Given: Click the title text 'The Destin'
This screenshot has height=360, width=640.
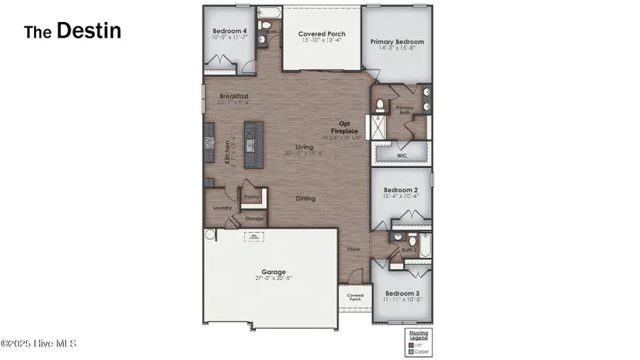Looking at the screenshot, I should [x=73, y=31].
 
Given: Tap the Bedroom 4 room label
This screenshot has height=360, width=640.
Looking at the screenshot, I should [x=229, y=31].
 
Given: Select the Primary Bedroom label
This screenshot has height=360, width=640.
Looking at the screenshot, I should [x=397, y=42].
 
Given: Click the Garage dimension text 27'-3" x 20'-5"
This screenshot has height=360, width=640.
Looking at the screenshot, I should [x=273, y=278].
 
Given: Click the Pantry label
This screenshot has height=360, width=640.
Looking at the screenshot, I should [x=251, y=198].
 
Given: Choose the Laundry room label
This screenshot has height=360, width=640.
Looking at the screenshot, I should [x=222, y=208].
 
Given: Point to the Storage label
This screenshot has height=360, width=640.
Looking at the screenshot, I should [x=254, y=219].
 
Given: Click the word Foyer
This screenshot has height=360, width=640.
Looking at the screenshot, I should [x=353, y=250].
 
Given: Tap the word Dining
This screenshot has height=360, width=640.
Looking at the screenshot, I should [x=305, y=198].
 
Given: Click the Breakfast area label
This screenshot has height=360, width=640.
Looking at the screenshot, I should [x=233, y=96].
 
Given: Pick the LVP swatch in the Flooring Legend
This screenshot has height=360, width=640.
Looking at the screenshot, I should [x=411, y=344].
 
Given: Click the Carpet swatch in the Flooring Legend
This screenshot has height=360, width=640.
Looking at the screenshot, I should [x=411, y=351].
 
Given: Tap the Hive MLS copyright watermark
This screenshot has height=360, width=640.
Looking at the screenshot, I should [x=38, y=344].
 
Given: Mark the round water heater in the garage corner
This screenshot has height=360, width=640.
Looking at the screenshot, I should [x=210, y=234].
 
